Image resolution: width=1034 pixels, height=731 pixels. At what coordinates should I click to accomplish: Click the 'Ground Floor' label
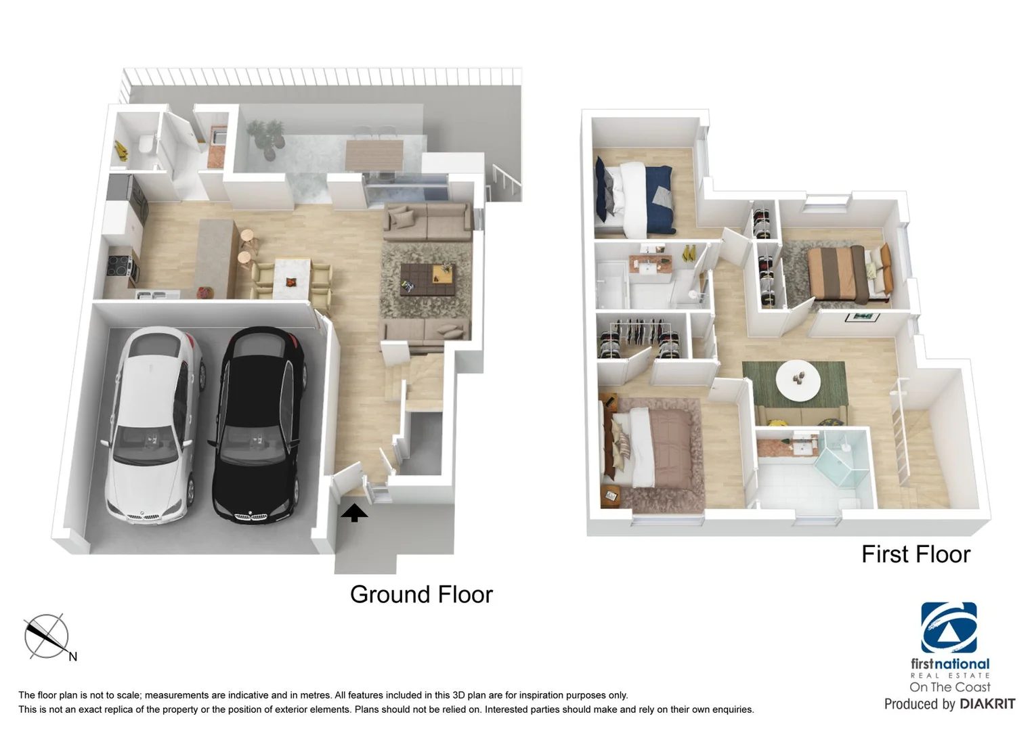coord(421,594)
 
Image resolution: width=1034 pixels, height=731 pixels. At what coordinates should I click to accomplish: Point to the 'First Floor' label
coord(915,554)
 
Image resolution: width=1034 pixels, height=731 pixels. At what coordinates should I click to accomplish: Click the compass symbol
coord(47,636)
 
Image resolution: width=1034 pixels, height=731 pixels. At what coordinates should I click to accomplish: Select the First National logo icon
coord(949,627)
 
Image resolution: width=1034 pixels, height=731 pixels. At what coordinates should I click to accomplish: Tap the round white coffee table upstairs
coord(798,380)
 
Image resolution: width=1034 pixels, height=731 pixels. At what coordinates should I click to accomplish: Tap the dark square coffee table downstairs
coord(427,278)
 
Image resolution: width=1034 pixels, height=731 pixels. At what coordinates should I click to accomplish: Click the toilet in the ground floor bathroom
coord(146,145)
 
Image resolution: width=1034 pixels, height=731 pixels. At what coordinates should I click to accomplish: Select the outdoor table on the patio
coord(374,155)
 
